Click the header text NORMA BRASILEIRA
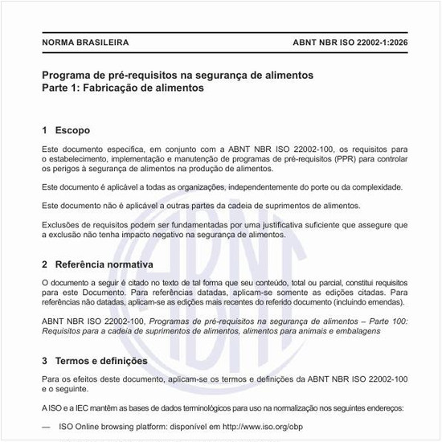(x=84, y=43)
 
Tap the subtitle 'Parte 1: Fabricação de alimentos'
(x=123, y=88)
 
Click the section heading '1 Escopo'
(x=66, y=130)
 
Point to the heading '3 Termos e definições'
(x=100, y=361)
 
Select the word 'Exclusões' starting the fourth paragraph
(x=60, y=224)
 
